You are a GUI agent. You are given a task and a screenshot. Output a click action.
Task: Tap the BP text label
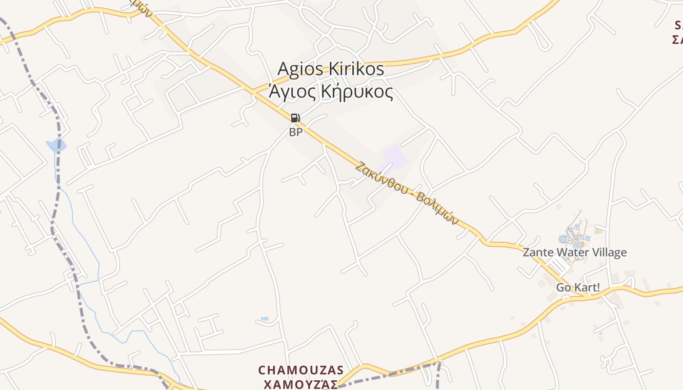point(296,132)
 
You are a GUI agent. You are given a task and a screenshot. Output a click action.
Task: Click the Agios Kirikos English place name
point(331,69)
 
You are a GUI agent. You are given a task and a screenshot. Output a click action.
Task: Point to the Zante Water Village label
point(575,253)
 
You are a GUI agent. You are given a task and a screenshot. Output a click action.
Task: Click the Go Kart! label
point(578,287)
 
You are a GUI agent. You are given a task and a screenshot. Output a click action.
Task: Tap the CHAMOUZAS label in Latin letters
point(301,370)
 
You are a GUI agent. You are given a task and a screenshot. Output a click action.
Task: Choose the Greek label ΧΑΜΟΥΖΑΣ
point(301,385)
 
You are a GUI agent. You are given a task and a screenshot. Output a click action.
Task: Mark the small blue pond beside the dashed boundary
point(56,145)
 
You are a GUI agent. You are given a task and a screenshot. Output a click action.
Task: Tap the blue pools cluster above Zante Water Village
point(573,234)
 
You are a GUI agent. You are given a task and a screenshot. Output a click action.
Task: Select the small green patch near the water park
point(598,231)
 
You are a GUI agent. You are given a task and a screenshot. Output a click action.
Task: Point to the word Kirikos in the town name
point(356,69)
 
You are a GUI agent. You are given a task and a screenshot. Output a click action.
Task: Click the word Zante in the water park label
point(536,253)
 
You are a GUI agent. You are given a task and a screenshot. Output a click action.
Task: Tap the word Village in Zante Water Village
point(608,253)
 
